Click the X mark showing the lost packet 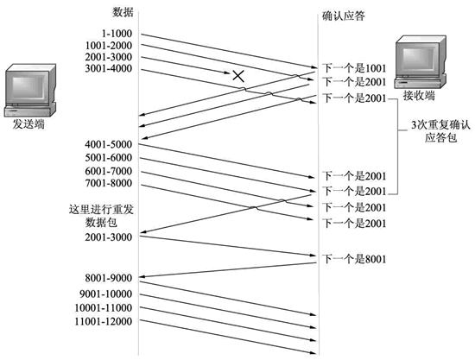(238, 77)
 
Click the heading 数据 (123, 12)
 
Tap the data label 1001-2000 (110, 46)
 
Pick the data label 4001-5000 (110, 143)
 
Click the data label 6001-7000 (110, 172)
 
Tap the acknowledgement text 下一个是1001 (353, 67)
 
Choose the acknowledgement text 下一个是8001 (353, 258)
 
